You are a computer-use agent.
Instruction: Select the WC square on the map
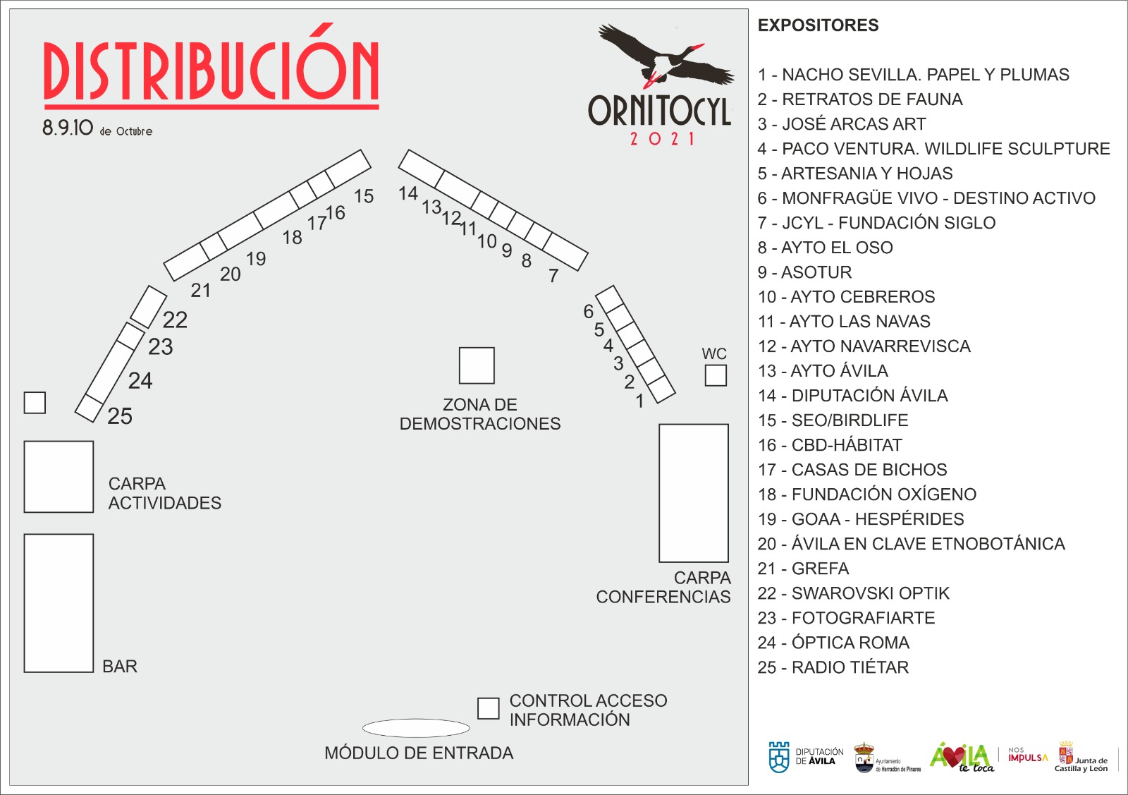[715, 375]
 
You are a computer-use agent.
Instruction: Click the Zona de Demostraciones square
[477, 365]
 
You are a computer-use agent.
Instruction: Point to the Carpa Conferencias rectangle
[694, 492]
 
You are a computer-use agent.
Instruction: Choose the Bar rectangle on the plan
[59, 603]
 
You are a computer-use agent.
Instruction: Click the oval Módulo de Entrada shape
[416, 728]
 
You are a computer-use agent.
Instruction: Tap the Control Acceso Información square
[488, 708]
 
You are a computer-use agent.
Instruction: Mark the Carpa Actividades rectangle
[59, 477]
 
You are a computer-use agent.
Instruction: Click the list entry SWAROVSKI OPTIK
[854, 593]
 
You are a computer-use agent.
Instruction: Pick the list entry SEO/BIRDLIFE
[833, 420]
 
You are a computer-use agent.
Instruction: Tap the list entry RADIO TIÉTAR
[833, 667]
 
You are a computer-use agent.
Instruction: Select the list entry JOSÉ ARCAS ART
[842, 123]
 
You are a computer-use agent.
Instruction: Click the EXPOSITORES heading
[819, 25]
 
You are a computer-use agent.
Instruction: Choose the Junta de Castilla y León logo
[1081, 757]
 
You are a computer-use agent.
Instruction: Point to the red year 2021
[662, 138]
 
